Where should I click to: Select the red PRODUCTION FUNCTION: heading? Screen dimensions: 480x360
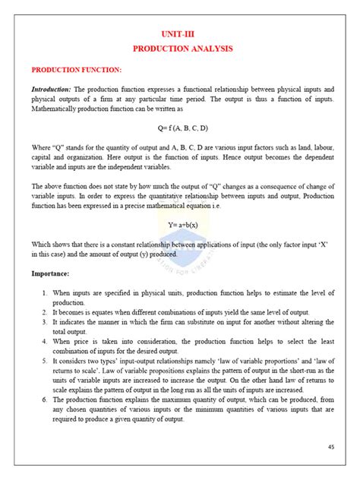pyautogui.click(x=76, y=70)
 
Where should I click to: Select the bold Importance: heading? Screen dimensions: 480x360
pyautogui.click(x=52, y=273)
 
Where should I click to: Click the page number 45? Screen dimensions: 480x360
pyautogui.click(x=331, y=447)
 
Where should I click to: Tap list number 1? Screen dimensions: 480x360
pyautogui.click(x=45, y=292)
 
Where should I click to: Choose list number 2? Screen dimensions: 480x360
pyautogui.click(x=45, y=311)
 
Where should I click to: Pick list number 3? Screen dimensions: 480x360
pyautogui.click(x=45, y=321)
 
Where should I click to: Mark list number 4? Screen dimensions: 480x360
pyautogui.click(x=45, y=341)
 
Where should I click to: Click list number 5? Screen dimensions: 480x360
pyautogui.click(x=45, y=360)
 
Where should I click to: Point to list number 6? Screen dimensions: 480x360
pyautogui.click(x=45, y=399)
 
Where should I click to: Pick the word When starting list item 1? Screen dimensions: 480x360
pyautogui.click(x=62, y=292)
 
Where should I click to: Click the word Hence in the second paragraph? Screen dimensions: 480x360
pyautogui.click(x=220, y=156)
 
